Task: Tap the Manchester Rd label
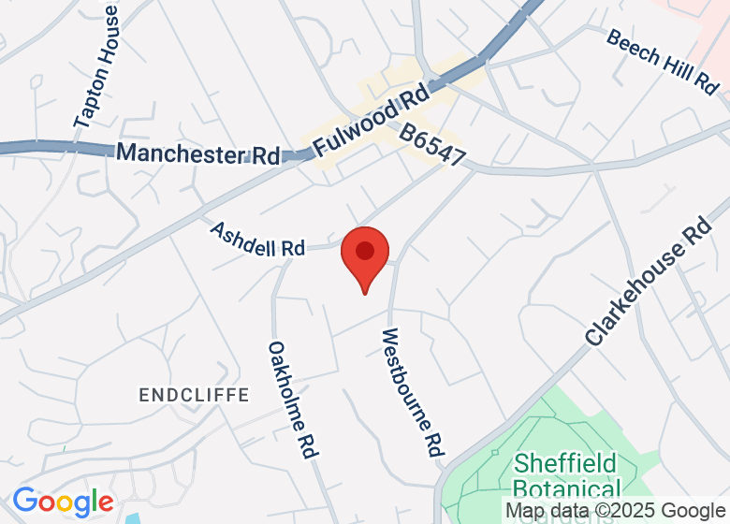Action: click(x=197, y=154)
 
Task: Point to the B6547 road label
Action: click(x=432, y=145)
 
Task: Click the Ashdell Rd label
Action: click(x=257, y=240)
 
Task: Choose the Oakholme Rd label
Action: click(x=294, y=399)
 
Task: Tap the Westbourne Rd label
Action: click(x=412, y=391)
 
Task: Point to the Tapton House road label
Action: click(x=97, y=65)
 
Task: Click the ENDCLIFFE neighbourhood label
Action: click(x=194, y=395)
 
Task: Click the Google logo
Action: click(x=63, y=502)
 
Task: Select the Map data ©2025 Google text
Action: click(x=614, y=511)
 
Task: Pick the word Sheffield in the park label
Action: click(x=565, y=463)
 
